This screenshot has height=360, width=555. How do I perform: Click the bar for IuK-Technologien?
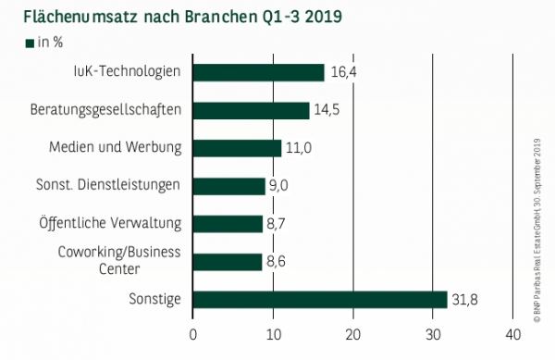(x=258, y=72)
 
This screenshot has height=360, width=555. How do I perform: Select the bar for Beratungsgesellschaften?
(x=251, y=110)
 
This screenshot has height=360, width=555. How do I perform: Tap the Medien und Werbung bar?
(x=237, y=148)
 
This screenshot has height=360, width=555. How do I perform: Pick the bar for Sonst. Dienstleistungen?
(x=228, y=186)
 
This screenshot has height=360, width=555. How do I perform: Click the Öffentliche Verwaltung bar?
(x=228, y=223)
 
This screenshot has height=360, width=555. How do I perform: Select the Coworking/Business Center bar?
(x=227, y=261)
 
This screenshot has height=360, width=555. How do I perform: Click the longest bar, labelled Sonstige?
(x=320, y=299)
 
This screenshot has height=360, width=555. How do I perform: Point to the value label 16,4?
(x=341, y=72)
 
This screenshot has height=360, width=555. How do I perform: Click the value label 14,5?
(x=326, y=110)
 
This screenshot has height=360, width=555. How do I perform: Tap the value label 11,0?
(x=298, y=148)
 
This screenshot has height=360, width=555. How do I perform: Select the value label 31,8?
(x=465, y=299)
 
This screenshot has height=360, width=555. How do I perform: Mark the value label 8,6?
(x=277, y=261)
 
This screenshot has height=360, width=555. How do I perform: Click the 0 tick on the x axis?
(x=193, y=334)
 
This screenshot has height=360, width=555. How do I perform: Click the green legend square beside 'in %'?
(x=30, y=43)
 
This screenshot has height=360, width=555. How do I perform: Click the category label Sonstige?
(x=156, y=299)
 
